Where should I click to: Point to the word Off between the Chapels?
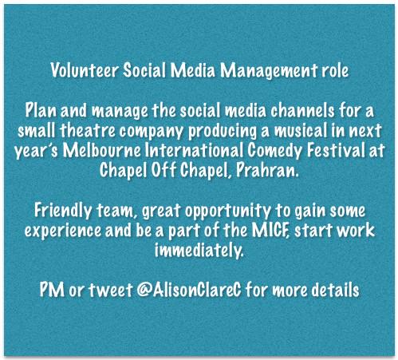pos(191,169)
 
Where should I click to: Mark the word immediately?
pos(199,251)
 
